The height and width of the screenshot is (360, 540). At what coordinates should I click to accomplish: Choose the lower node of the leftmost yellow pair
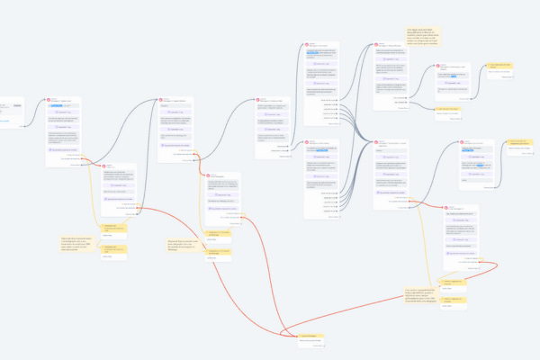coord(113,249)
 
